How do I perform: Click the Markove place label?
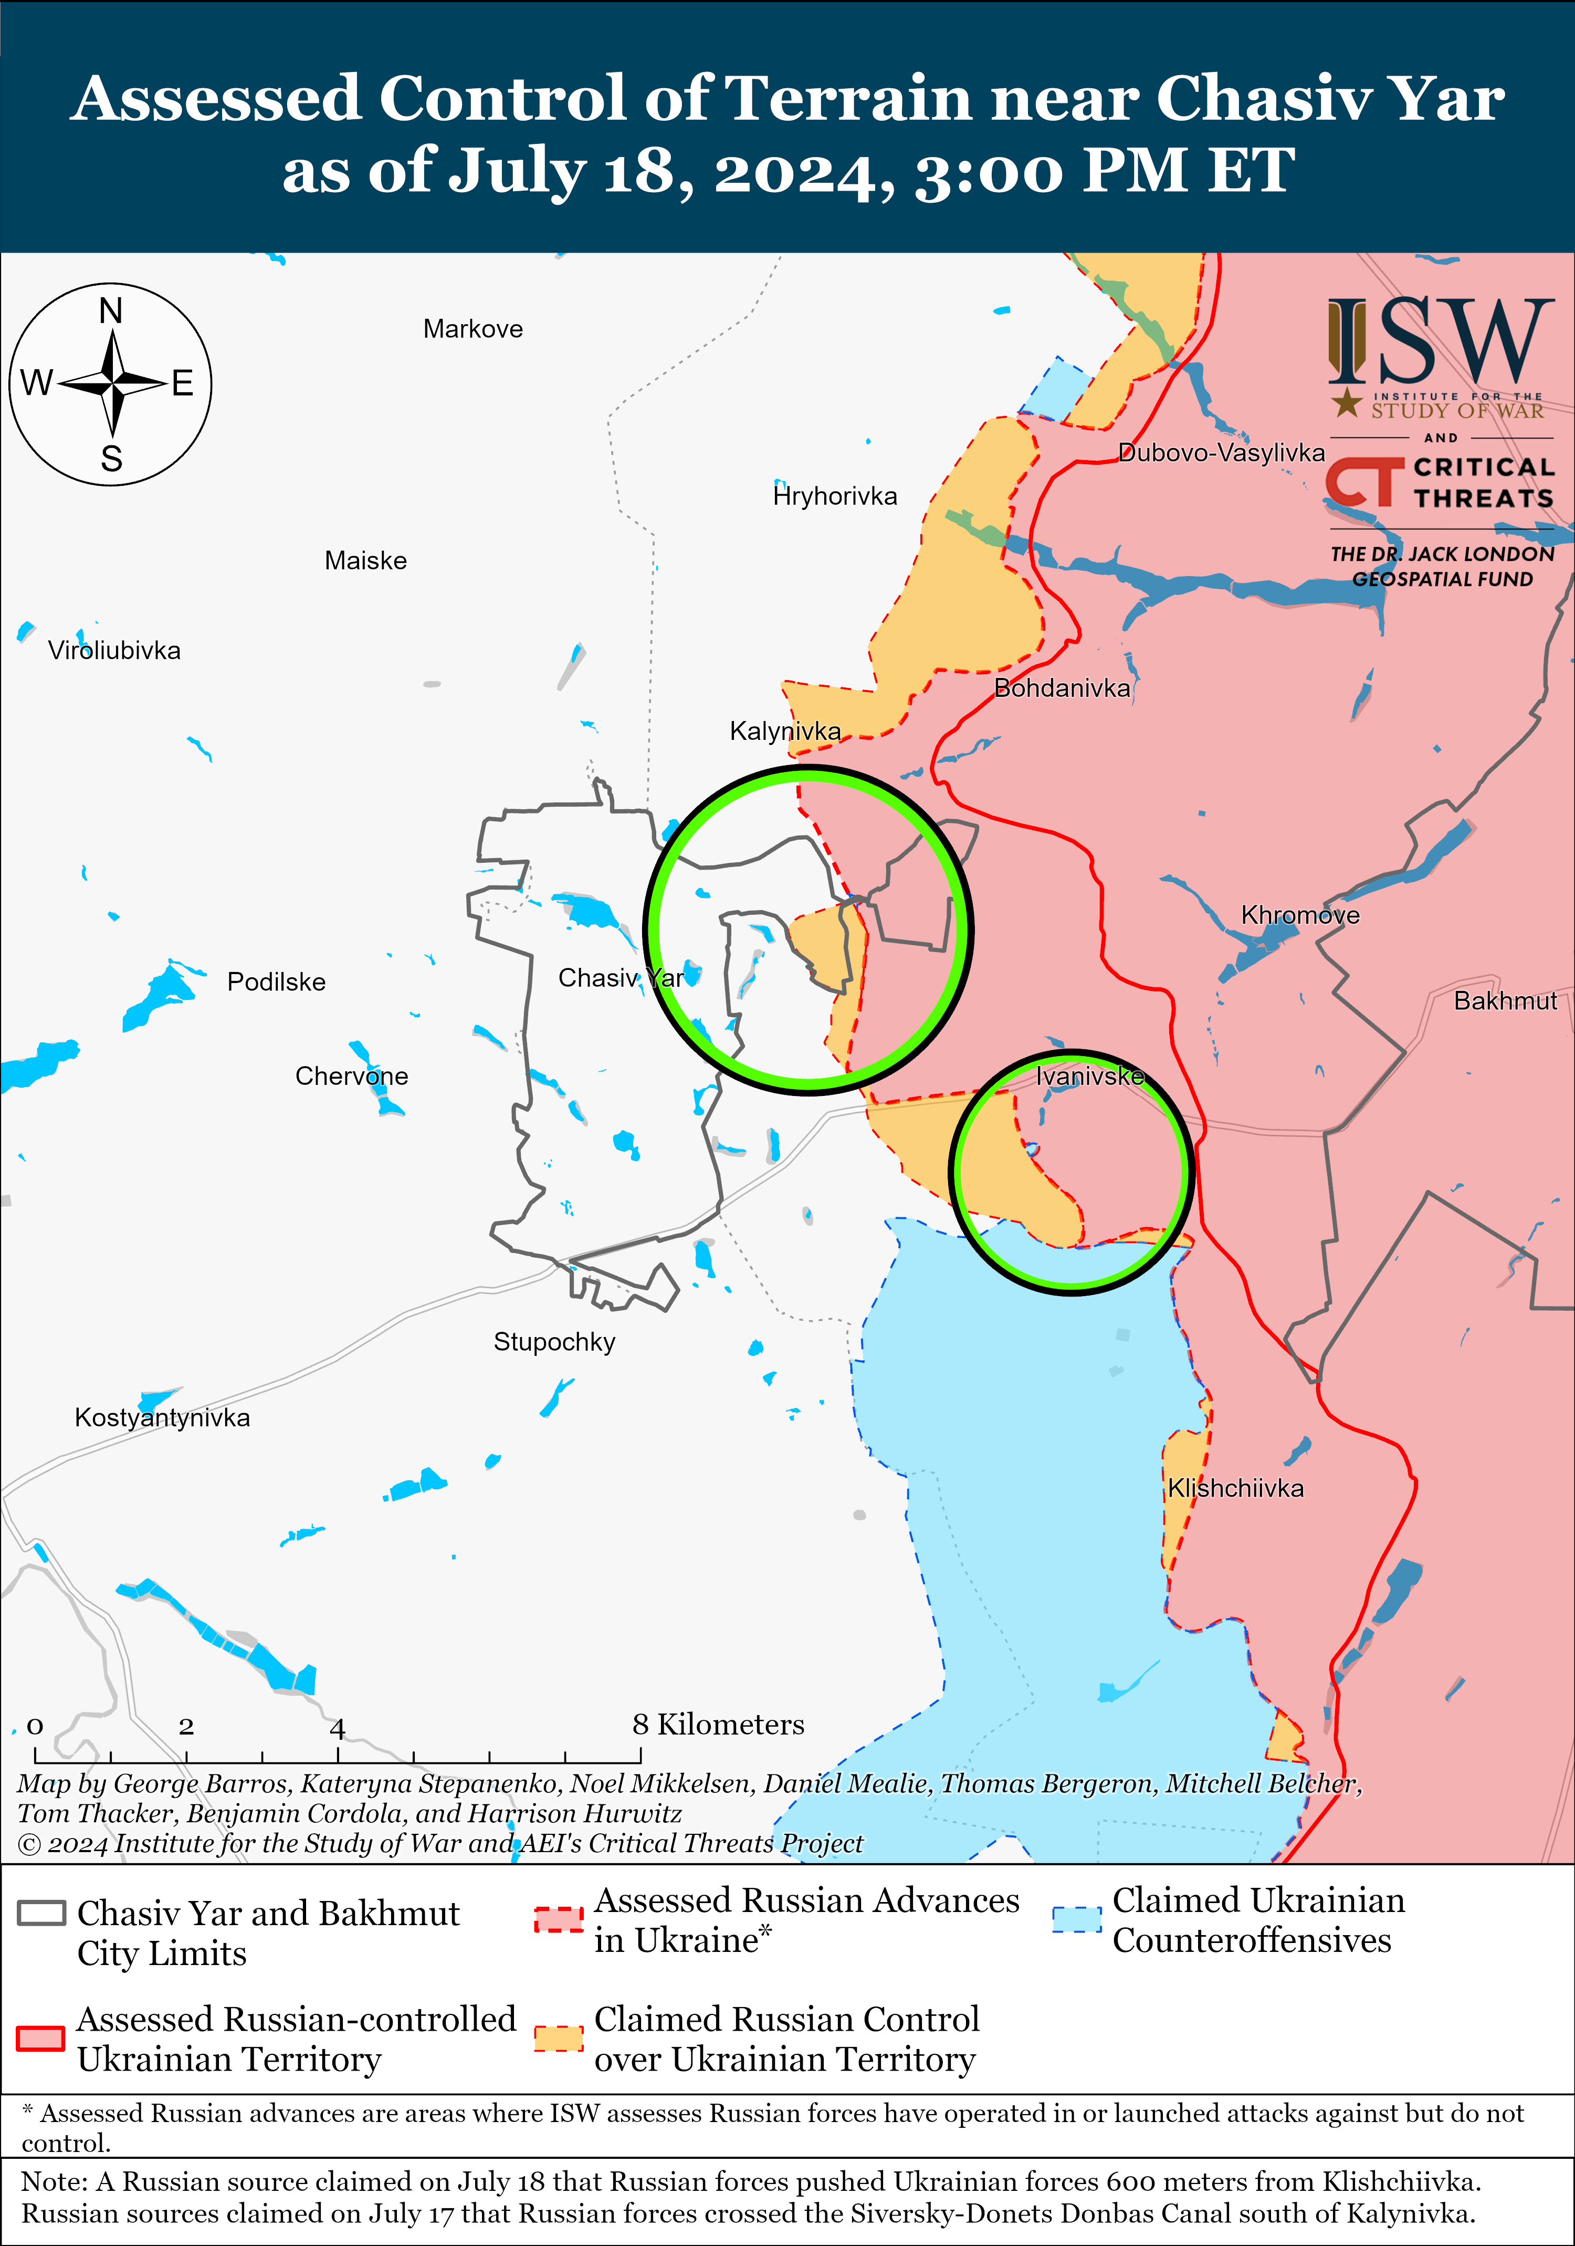pos(472,329)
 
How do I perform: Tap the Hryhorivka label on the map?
pos(834,496)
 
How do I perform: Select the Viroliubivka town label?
pos(114,651)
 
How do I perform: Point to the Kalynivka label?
pos(784,731)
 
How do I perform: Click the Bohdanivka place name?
pos(1062,688)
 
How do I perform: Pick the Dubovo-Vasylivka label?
pos(1221,452)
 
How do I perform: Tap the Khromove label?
pos(1300,915)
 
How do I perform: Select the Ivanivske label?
pos(1089,1076)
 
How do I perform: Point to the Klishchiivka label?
pos(1235,1488)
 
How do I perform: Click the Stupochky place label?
pos(554,1341)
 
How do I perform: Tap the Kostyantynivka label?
pos(162,1417)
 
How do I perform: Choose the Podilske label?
pos(276,981)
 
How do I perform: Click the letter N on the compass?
pos(111,311)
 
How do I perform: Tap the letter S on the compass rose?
pos(111,458)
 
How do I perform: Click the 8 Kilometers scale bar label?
pos(718,1723)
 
